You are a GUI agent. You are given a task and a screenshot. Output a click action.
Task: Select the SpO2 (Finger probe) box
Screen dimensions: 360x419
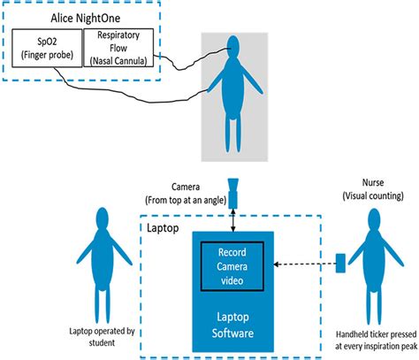[x=46, y=50]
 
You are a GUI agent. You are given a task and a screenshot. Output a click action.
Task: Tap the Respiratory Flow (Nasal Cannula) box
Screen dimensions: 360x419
[x=118, y=48]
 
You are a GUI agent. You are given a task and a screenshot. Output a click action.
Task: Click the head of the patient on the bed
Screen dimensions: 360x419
[x=232, y=65]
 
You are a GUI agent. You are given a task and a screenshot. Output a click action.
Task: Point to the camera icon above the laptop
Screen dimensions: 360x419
[x=233, y=191]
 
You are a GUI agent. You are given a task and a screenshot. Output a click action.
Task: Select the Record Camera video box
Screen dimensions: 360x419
[x=233, y=264]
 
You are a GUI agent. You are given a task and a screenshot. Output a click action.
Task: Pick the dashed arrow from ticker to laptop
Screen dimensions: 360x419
[x=304, y=262]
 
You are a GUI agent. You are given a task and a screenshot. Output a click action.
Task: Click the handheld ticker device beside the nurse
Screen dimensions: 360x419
[x=339, y=262]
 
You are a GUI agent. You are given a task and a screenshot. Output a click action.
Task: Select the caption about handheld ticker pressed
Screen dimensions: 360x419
[x=366, y=340]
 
